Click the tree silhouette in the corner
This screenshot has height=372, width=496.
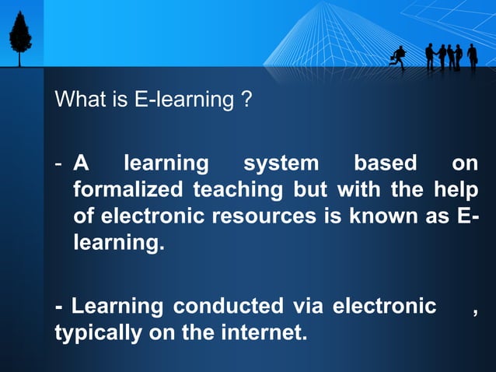coord(20,35)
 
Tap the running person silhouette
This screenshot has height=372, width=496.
coord(400,57)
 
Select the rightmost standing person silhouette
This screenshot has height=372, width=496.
coord(472,56)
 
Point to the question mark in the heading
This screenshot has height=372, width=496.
coord(246,100)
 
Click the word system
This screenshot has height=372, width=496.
coord(281,164)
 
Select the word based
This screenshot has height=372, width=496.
coord(385,164)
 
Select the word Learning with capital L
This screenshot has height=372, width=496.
coord(117,307)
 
